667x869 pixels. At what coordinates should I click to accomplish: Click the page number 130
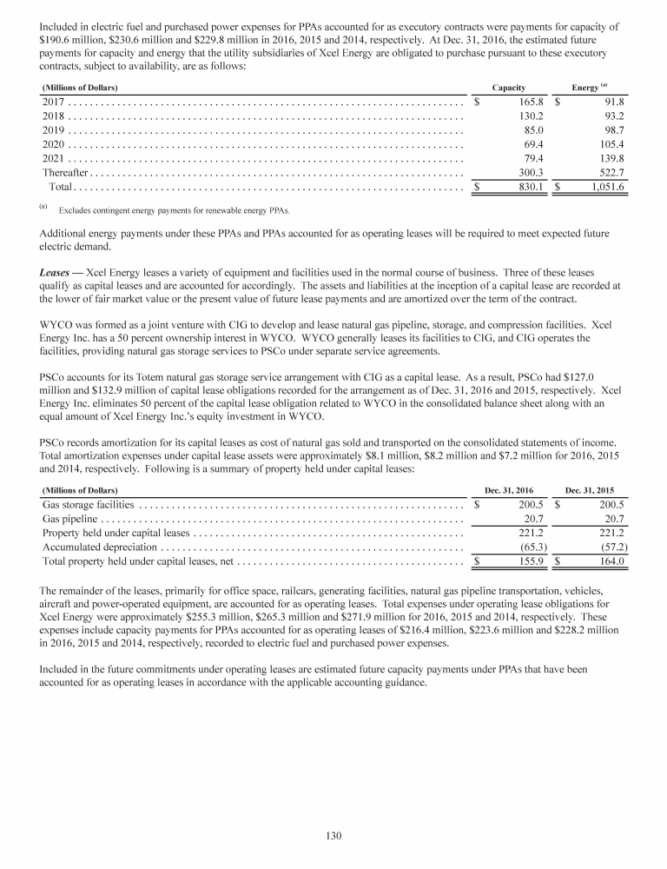coord(333,836)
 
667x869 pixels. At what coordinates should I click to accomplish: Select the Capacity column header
coord(507,89)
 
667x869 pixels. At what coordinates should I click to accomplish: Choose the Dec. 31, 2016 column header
coord(508,490)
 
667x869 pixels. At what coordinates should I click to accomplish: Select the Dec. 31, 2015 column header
coord(591,490)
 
